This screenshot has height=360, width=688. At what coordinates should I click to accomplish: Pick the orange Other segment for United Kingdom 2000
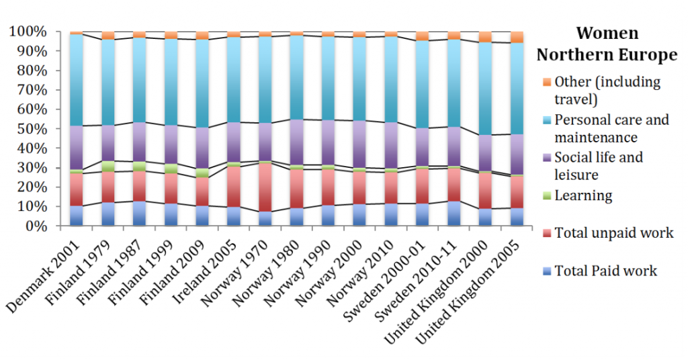pos(485,36)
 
